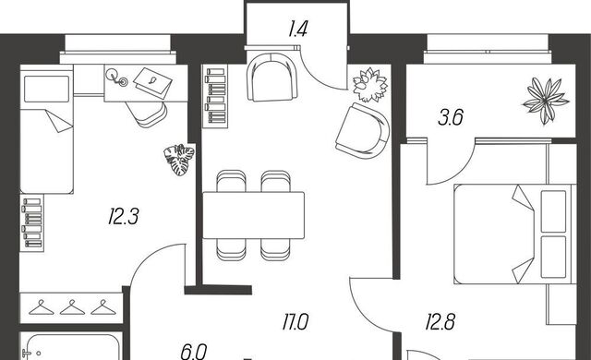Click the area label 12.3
(x=123, y=217)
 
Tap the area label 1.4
(x=298, y=29)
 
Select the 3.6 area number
(x=451, y=117)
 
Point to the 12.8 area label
(x=440, y=322)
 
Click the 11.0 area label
(x=295, y=322)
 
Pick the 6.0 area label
(x=194, y=352)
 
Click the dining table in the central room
(x=253, y=215)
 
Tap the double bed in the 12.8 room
(x=515, y=234)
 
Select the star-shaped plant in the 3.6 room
(x=546, y=101)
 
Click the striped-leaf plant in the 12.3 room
(x=179, y=160)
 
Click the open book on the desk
(x=152, y=83)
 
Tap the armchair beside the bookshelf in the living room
(x=272, y=78)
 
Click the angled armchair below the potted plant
(x=363, y=131)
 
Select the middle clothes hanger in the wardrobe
(x=72, y=307)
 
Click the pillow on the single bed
(x=47, y=89)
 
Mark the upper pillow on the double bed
(x=553, y=211)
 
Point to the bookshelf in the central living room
(x=215, y=96)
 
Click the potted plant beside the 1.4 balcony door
(x=370, y=85)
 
